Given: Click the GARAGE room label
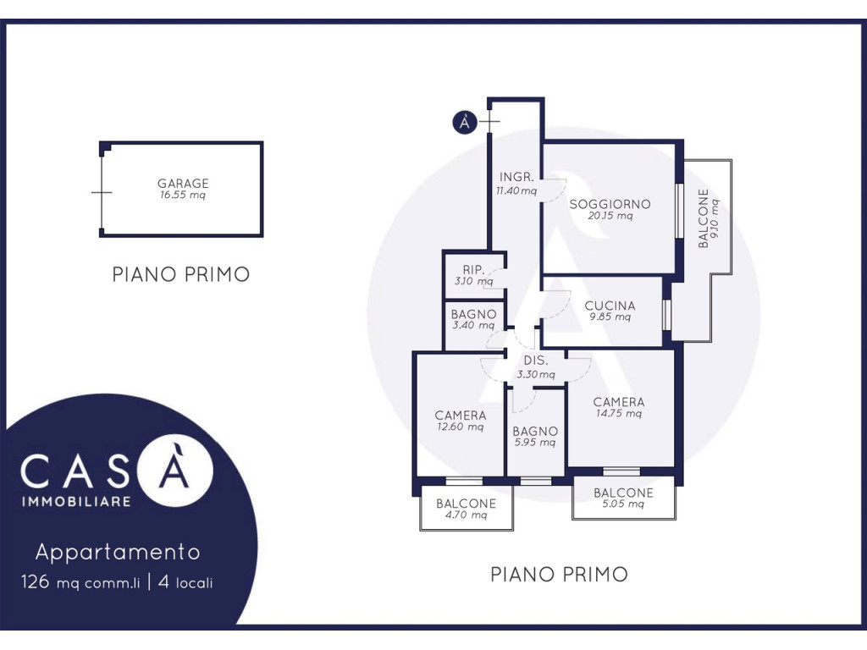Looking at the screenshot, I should click(183, 184).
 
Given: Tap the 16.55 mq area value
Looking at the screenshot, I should click(183, 196).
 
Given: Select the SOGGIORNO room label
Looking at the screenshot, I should click(610, 204).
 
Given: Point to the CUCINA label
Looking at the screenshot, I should click(610, 306).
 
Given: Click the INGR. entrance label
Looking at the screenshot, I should click(516, 178).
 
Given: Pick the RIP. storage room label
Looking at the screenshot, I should click(472, 270).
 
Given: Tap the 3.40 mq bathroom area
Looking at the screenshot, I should click(473, 325).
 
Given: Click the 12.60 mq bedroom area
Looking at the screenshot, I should click(461, 427).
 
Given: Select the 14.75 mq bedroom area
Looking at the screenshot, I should click(619, 414).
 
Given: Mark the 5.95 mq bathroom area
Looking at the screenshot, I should click(535, 442).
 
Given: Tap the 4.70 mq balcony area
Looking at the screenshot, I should click(467, 515).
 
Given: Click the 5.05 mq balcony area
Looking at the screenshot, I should click(623, 504).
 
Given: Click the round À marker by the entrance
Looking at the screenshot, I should click(464, 123).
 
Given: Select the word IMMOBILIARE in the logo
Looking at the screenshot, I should click(75, 503).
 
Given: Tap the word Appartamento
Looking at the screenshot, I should click(118, 553).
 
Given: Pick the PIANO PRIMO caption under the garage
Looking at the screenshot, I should click(181, 274).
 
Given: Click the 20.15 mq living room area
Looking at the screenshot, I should click(610, 216).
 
